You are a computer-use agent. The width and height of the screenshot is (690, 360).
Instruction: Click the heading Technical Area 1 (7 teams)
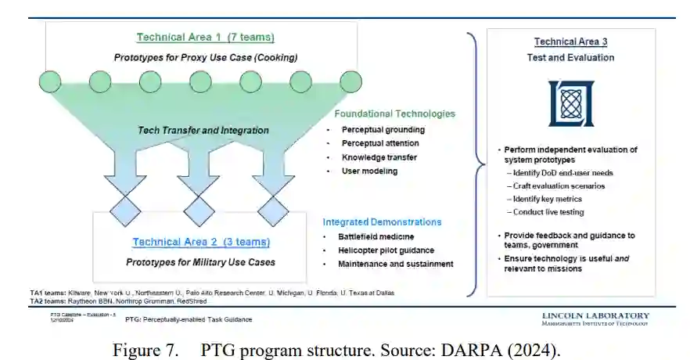pyautogui.click(x=205, y=37)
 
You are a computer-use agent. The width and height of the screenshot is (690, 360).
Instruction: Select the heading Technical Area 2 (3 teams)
pyautogui.click(x=201, y=242)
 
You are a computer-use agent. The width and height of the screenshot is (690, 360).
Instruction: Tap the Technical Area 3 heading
pyautogui.click(x=570, y=41)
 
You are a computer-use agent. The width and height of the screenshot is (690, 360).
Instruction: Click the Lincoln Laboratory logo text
pyautogui.click(x=595, y=317)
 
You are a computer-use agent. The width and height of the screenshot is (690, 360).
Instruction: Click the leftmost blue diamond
pyautogui.click(x=124, y=211)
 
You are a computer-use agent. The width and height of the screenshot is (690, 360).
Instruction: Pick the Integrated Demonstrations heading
pyautogui.click(x=382, y=222)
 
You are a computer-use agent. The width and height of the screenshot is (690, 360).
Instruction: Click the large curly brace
pyautogui.click(x=473, y=164)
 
